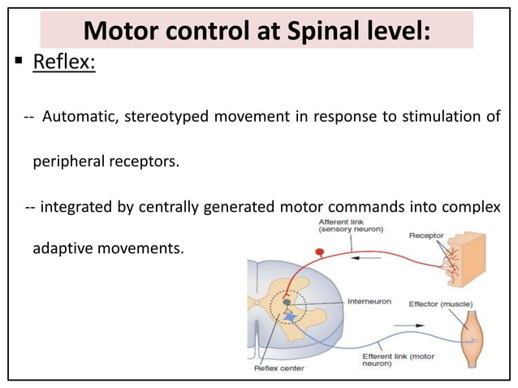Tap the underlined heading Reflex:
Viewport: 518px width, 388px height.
tap(64, 83)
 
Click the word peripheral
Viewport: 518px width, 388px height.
tap(68, 162)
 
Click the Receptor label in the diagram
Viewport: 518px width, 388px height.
tap(425, 236)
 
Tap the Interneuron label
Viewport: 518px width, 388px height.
tap(369, 302)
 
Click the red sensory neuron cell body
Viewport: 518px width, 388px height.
tap(320, 252)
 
